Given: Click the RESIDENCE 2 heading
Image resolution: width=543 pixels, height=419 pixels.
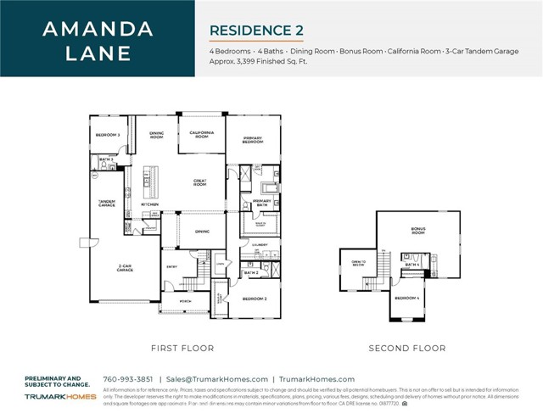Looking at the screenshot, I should [256, 30].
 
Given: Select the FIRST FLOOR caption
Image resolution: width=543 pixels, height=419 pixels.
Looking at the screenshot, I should [182, 348].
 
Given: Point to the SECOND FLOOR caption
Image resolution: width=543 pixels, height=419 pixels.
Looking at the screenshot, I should [406, 348].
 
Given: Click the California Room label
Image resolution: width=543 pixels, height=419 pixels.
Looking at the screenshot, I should [201, 135].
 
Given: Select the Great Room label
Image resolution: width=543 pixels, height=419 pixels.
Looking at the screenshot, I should [201, 181].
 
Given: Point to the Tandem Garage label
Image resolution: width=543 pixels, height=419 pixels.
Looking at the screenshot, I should [107, 203].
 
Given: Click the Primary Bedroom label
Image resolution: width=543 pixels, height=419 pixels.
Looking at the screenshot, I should [252, 141].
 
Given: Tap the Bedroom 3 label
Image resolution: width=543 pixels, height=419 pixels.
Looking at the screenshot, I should [107, 135].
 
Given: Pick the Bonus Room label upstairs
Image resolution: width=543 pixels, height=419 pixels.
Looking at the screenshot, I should [417, 231].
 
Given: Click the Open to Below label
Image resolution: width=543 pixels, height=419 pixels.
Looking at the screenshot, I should [358, 264].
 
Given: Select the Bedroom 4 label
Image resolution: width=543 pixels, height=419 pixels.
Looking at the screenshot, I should [407, 298].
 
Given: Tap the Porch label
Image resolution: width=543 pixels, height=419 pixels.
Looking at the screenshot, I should [183, 302].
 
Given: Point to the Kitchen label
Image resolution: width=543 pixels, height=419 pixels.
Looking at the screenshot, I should [149, 204].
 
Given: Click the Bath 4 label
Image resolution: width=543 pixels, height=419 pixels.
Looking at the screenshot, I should [411, 265].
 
